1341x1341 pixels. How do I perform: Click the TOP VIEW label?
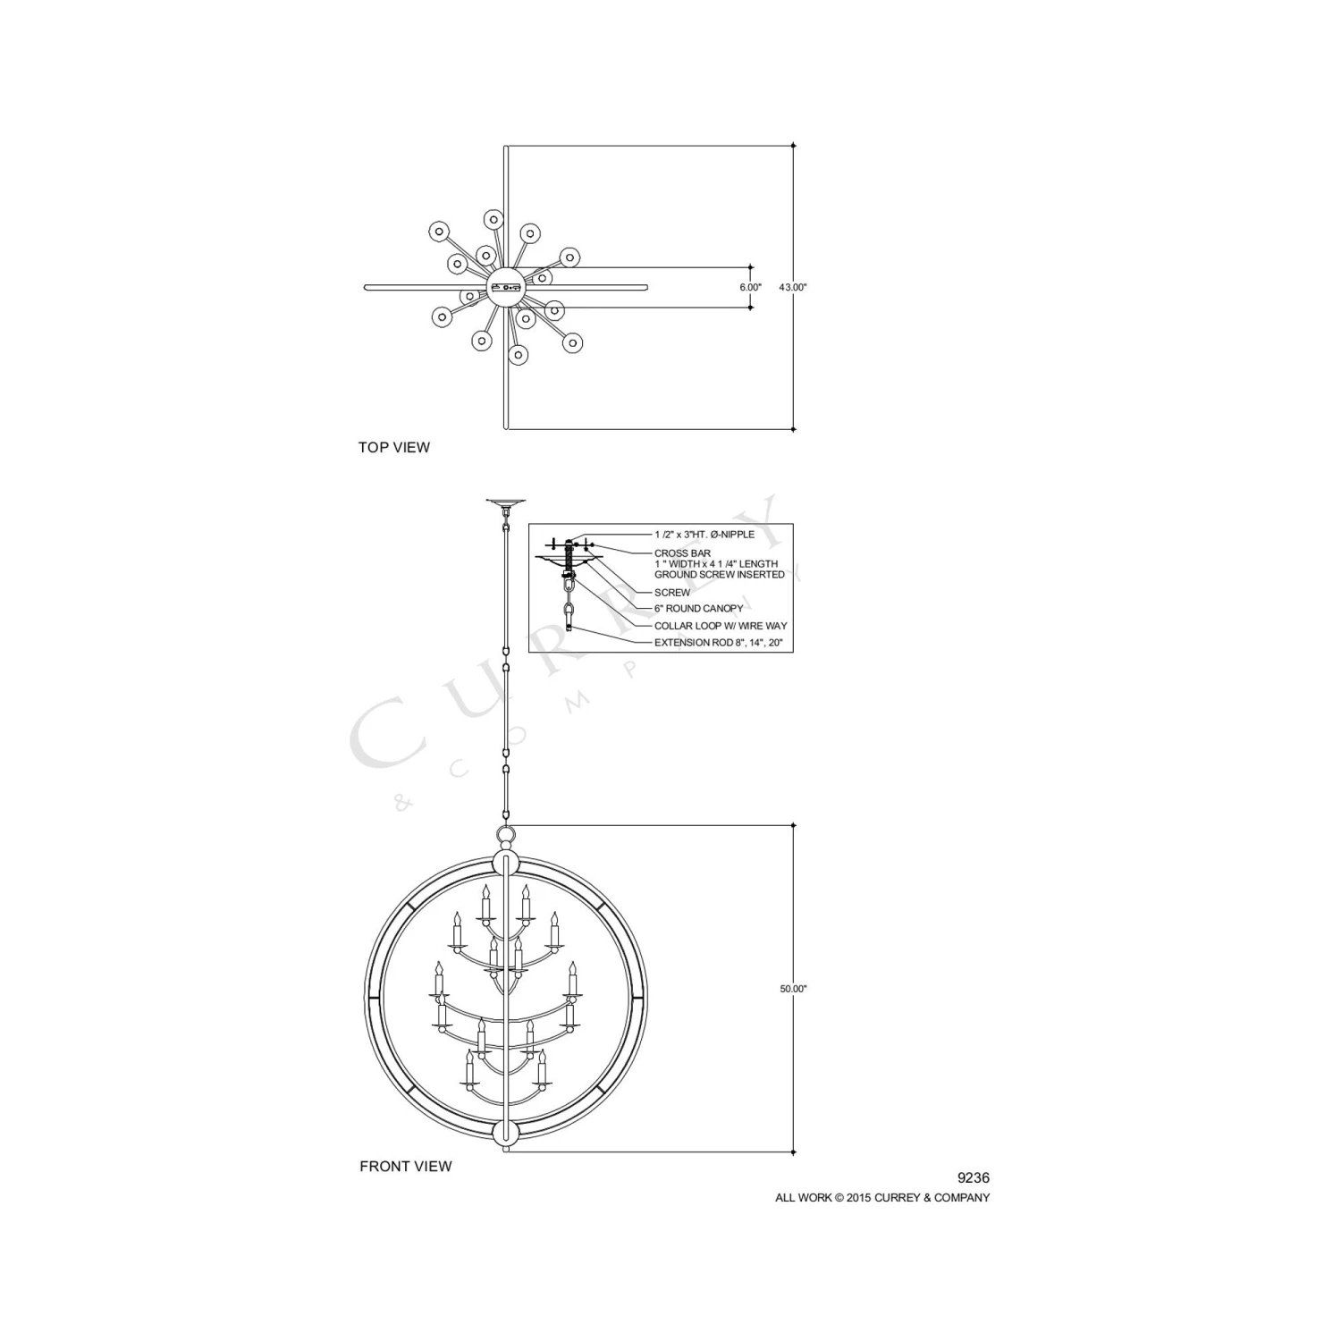click(394, 447)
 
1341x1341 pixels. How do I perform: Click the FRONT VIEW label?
click(406, 1166)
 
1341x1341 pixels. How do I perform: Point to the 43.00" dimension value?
click(793, 288)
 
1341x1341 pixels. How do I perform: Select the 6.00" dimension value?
click(750, 288)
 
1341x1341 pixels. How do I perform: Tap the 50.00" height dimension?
click(793, 989)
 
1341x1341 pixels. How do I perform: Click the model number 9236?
click(974, 1178)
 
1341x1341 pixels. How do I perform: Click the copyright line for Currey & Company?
click(882, 1198)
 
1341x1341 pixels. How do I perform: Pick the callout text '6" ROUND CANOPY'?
click(698, 609)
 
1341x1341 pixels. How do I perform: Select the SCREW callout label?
click(672, 593)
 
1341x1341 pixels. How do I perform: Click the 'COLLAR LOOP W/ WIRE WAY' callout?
click(721, 626)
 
